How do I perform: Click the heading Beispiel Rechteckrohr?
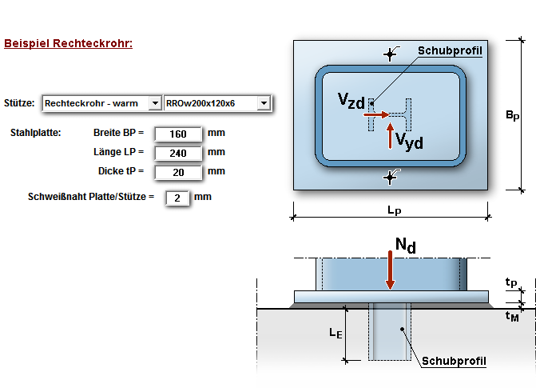(x=68, y=43)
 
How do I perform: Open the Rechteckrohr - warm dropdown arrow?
(x=154, y=103)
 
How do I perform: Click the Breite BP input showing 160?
(x=178, y=133)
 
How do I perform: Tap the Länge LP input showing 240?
(x=178, y=152)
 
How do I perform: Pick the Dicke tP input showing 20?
(x=178, y=171)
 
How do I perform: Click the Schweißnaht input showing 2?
(x=177, y=197)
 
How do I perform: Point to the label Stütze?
(x=19, y=103)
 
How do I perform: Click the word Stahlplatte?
(x=36, y=132)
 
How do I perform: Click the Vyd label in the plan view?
(x=408, y=142)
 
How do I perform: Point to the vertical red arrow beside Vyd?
(x=390, y=136)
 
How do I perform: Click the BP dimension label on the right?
(x=512, y=116)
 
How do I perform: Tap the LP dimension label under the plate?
(x=394, y=210)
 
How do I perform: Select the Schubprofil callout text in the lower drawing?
(x=454, y=361)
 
